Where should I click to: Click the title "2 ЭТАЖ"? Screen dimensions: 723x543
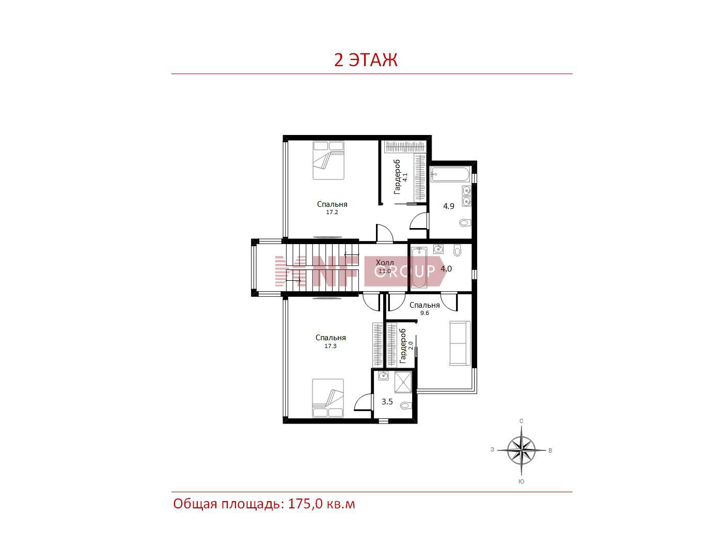click(x=365, y=60)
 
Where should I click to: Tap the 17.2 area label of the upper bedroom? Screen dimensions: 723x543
click(x=332, y=213)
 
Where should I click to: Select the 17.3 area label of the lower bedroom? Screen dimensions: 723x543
click(x=331, y=346)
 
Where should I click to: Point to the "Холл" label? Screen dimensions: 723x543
click(x=385, y=263)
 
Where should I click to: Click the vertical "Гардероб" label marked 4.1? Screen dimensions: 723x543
click(x=397, y=177)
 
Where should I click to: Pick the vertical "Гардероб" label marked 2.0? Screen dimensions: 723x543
click(x=402, y=346)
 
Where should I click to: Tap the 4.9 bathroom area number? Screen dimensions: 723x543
click(x=449, y=206)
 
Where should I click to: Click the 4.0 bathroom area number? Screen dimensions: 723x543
click(x=446, y=269)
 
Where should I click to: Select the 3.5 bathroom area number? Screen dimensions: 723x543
click(x=387, y=402)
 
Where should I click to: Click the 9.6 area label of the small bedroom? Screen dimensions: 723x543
click(x=425, y=313)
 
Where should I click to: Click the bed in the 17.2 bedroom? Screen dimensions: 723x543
click(x=328, y=160)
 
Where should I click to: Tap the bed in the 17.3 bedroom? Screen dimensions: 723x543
click(x=328, y=398)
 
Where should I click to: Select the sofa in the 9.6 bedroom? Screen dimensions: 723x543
click(x=460, y=343)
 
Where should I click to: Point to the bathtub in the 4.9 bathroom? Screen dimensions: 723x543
click(x=450, y=174)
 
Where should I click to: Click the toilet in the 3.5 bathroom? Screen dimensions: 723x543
click(x=406, y=405)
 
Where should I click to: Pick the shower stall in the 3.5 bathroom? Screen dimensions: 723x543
click(x=403, y=383)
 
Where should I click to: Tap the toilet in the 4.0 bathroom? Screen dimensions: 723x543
click(x=457, y=251)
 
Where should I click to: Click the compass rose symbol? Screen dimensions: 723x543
click(x=521, y=450)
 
